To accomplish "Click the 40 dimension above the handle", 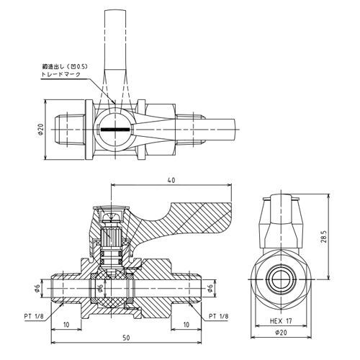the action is pos(171,180).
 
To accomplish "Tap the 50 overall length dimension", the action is pos(126,338).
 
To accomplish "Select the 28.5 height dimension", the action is pos(324,237).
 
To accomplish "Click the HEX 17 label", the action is pos(281,321).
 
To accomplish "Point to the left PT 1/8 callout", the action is pos(34,316).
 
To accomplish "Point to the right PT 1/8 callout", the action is pos(219,316).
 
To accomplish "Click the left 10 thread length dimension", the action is pos(66,325).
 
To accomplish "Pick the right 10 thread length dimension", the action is pos(186,325).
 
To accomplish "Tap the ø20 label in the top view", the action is pos(40,130).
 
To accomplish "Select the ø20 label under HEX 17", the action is pos(281,333).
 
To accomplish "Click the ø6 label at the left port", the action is pos(37,288).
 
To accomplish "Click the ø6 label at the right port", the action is pos(210,288).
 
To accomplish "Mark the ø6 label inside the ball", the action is pos(101,288).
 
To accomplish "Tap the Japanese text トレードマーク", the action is pos(61,74).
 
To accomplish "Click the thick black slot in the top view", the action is pos(115,130).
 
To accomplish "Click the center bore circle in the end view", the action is pos(281,280).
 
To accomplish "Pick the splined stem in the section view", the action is pos(111,237).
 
